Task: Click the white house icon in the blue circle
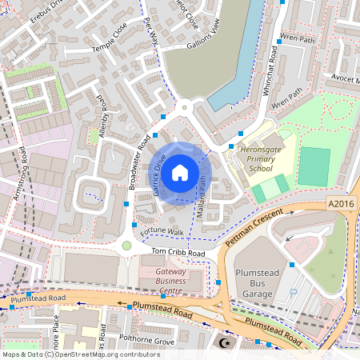(180, 172)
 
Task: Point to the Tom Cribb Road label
(174, 254)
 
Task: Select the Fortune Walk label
(162, 232)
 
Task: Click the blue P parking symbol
(293, 294)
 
